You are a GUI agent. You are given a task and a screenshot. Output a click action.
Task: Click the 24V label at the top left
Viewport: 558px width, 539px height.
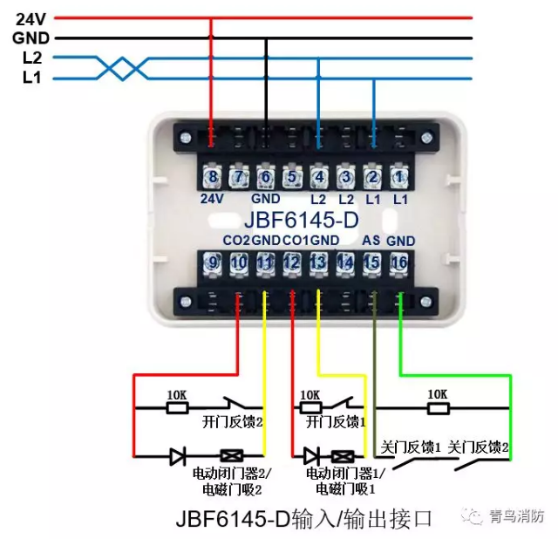(31, 17)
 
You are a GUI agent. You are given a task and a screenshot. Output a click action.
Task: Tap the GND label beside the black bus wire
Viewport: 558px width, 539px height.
(31, 38)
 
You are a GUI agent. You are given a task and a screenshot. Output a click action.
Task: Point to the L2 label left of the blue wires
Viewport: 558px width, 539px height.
(31, 58)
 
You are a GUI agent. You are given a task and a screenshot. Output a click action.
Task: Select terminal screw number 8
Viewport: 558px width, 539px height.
(212, 177)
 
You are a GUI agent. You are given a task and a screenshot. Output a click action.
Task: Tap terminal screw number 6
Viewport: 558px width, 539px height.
(265, 177)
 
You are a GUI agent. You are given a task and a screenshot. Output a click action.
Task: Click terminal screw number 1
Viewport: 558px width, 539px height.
(399, 177)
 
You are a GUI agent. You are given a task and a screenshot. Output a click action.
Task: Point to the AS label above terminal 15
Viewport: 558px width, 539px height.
(371, 240)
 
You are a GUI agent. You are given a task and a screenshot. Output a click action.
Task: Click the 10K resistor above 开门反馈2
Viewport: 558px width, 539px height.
(177, 406)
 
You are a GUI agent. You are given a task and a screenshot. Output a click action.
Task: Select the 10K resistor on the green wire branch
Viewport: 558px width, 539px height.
(438, 406)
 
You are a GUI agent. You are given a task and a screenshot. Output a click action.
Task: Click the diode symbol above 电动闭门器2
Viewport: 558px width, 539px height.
(178, 454)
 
